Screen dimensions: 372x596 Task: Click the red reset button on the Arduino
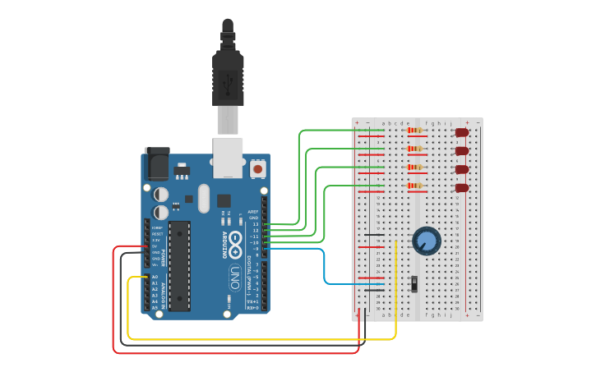[x=258, y=169]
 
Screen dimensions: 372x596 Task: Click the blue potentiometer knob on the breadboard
[x=426, y=241]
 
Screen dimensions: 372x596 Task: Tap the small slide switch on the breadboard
[x=414, y=284]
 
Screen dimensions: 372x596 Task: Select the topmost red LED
[x=462, y=132]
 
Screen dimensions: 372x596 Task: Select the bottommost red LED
[x=462, y=188]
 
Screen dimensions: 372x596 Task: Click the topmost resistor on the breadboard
[x=415, y=130]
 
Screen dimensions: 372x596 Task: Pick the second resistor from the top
[x=415, y=149]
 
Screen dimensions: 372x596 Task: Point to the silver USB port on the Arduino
[x=229, y=156]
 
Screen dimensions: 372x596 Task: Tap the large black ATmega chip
[x=180, y=265]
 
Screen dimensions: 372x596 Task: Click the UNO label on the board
[x=234, y=273]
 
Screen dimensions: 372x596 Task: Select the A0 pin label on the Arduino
[x=155, y=277]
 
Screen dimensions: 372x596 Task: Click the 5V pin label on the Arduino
[x=155, y=246]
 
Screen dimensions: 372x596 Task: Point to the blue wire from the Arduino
[x=325, y=267]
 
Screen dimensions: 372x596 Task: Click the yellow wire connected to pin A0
[x=263, y=338]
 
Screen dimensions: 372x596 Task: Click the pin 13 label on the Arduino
[x=255, y=223]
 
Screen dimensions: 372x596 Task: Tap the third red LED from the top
[x=462, y=169]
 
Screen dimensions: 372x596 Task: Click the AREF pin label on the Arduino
[x=253, y=211]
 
